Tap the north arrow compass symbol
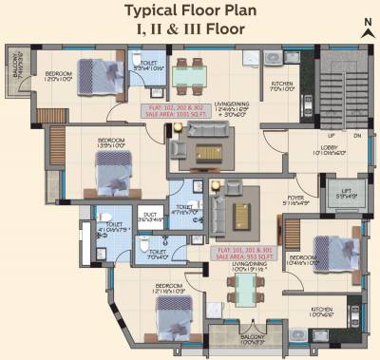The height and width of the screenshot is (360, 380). tap(365, 26)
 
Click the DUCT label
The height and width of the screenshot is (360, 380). tap(149, 217)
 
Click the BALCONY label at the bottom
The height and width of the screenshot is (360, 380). tap(253, 340)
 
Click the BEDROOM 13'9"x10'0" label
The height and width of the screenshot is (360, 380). tap(110, 145)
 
